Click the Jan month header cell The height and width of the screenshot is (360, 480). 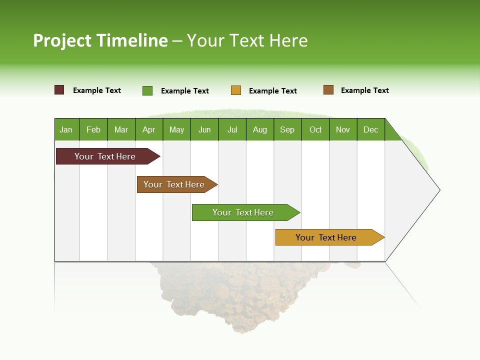coord(66,129)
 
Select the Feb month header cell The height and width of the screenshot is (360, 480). coord(93,129)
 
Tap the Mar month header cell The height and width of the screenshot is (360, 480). coord(121,129)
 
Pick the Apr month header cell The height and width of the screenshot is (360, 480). coord(149,129)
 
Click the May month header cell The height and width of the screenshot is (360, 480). coord(176,129)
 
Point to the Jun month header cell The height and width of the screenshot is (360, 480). coord(204,129)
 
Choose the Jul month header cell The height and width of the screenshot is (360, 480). coord(232,129)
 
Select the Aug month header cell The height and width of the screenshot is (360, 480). coord(260,129)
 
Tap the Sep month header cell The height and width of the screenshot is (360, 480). coord(287,129)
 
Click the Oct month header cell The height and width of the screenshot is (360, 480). coord(315,129)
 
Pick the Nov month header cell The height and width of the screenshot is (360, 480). coord(343,129)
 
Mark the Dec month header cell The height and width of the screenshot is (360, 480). coord(371,129)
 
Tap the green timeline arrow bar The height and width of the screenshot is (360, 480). coord(243,212)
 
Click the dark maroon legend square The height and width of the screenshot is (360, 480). coord(59,90)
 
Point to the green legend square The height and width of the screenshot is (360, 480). coord(147,90)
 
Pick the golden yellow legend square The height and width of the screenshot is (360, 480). coord(236,90)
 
